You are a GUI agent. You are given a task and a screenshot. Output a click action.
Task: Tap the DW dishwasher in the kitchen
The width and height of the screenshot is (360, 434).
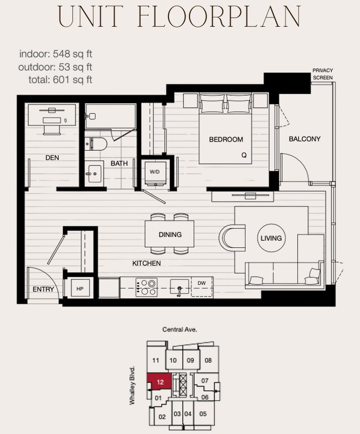point(202,287)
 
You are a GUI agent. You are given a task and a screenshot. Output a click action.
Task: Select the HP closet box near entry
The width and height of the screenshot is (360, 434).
point(80,289)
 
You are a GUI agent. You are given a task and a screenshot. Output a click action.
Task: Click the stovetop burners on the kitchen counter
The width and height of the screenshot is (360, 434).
point(146,288)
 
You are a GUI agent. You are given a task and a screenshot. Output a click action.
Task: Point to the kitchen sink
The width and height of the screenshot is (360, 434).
point(180,287)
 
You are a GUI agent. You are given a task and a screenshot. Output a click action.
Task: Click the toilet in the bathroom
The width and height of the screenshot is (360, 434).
point(96,144)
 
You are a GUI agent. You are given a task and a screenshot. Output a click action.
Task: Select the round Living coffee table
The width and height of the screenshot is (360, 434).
point(271,238)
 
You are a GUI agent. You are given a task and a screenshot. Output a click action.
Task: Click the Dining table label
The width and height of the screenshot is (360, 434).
point(170,234)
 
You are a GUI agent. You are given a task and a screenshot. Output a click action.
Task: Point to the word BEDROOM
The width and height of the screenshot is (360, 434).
point(226,140)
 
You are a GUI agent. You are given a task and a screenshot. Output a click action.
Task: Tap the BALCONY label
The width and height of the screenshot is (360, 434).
point(305,139)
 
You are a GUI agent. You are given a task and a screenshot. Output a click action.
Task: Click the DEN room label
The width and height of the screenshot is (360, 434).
point(52,158)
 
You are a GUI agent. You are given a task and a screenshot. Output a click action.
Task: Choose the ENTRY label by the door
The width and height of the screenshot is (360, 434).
point(43,289)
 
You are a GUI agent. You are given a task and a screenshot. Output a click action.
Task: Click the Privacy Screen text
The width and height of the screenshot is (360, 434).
point(323,74)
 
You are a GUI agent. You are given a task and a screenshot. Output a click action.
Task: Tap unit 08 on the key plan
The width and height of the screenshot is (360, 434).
point(208,360)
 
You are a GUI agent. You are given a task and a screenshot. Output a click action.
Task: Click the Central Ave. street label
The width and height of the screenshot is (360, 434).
point(180,329)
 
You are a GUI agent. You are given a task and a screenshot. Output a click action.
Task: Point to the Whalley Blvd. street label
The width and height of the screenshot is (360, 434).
point(132,386)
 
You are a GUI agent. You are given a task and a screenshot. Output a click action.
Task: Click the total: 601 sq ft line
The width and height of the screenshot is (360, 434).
point(60,80)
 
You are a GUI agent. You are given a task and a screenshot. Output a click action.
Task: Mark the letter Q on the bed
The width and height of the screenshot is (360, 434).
point(244,155)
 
